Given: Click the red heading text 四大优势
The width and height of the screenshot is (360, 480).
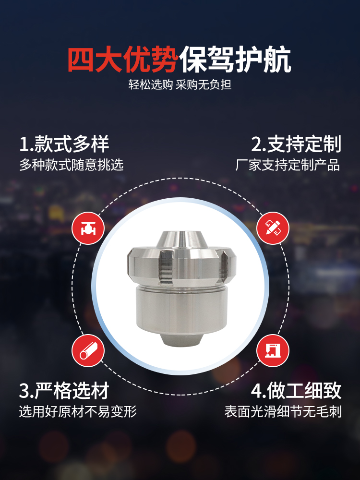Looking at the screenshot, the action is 123,60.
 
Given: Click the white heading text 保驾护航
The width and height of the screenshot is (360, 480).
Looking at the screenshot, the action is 235,60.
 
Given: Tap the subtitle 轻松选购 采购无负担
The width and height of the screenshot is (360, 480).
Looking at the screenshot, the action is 180,84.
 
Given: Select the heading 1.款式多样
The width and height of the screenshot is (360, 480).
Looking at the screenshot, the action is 64,144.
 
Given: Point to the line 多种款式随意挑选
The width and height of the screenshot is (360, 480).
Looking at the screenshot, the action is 72,165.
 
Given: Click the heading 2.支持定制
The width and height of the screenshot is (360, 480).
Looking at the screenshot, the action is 296,144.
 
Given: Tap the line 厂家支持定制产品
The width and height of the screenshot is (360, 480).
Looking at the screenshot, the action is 288,165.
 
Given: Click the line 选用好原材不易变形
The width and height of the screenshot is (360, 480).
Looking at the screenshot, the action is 78,411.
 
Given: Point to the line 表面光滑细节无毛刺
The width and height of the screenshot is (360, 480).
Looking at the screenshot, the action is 283,411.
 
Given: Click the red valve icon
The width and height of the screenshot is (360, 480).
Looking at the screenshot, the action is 88,228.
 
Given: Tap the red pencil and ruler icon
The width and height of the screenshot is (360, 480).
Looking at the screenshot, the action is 273,228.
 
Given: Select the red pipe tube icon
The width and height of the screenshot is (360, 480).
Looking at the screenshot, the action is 88,350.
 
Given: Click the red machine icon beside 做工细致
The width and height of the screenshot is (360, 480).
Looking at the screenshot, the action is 273,350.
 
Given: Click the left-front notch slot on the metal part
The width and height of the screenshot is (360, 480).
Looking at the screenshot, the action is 165,266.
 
